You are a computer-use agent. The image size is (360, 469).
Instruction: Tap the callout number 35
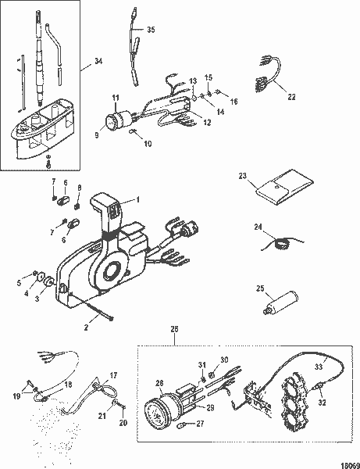[x=151, y=29]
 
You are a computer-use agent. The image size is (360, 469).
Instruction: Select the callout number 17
[x=114, y=375]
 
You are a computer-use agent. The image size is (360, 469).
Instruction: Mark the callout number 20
[x=122, y=423]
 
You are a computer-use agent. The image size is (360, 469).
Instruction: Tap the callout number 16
[x=233, y=102]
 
